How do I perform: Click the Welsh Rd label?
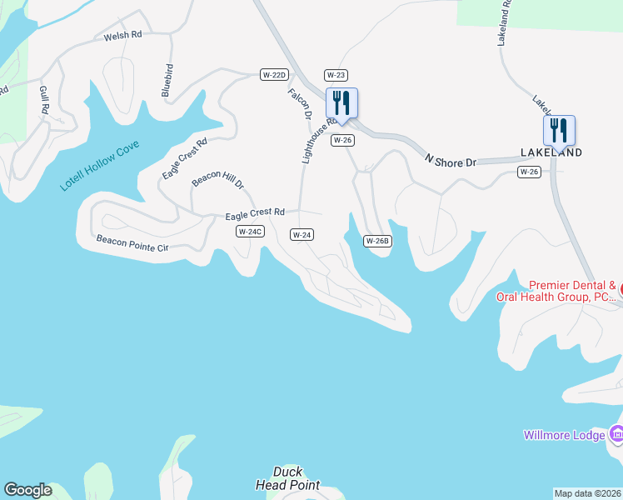[x=123, y=37]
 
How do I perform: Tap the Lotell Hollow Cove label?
[x=100, y=166]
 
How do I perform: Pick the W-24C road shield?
[x=249, y=232]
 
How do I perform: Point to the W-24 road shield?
[x=302, y=235]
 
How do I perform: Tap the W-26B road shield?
[x=377, y=241]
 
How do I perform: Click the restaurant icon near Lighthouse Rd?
[x=341, y=104]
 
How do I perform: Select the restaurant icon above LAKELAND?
[x=560, y=131]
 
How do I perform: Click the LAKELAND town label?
[x=551, y=152]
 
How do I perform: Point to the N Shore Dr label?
[x=450, y=160]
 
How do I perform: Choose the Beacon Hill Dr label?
[x=217, y=179]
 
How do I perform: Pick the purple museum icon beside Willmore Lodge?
[x=616, y=434]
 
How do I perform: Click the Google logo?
[x=28, y=490]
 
